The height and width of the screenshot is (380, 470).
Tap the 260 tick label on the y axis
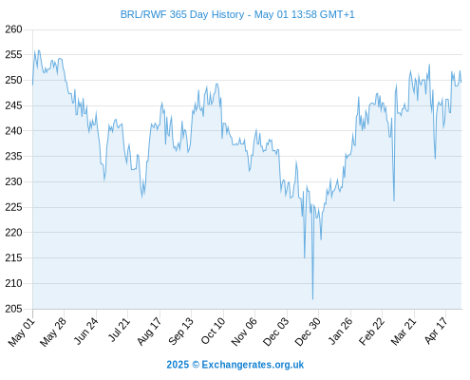pyautogui.click(x=13, y=29)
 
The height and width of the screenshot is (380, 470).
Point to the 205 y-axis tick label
pyautogui.click(x=13, y=309)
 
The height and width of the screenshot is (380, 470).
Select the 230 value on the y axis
pyautogui.click(x=13, y=181)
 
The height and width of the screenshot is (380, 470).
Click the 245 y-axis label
pyautogui.click(x=13, y=105)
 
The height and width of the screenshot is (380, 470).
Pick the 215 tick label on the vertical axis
pyautogui.click(x=13, y=257)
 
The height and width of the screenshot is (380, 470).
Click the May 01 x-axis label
pyautogui.click(x=22, y=332)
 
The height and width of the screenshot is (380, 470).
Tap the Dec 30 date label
pyautogui.click(x=308, y=332)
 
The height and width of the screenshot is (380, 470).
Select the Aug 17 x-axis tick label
pyautogui.click(x=149, y=332)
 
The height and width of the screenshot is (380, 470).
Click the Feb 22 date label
pyautogui.click(x=371, y=332)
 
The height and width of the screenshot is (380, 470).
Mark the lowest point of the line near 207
pyautogui.click(x=312, y=299)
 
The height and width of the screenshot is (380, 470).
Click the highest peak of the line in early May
pyautogui.click(x=39, y=50)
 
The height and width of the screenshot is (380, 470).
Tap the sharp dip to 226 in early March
pyautogui.click(x=394, y=200)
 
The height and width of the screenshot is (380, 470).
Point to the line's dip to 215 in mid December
pyautogui.click(x=305, y=257)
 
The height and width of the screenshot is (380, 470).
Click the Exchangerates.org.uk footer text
pyautogui.click(x=253, y=365)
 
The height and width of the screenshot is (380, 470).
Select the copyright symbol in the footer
pyautogui.click(x=196, y=365)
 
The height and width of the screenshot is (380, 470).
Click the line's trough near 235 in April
pyautogui.click(x=435, y=159)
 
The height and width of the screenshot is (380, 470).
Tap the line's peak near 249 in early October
pyautogui.click(x=216, y=84)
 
